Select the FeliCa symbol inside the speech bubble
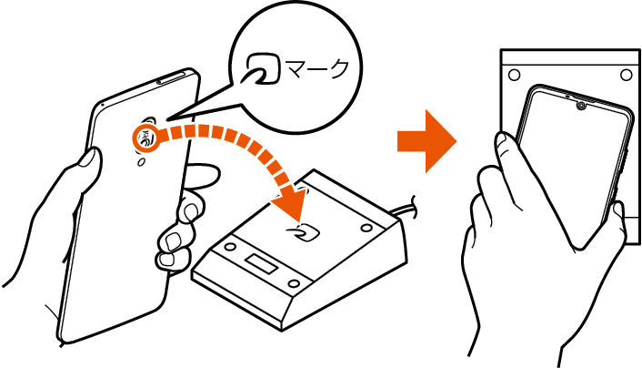(264, 68)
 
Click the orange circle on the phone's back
(145, 138)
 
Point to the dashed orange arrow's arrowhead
(289, 204)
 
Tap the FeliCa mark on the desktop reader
(305, 234)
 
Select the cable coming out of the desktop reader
(406, 207)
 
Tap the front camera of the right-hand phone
(580, 106)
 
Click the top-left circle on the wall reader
(514, 75)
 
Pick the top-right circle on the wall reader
(626, 75)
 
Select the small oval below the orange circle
(141, 162)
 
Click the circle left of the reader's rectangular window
(230, 247)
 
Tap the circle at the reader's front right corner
(294, 284)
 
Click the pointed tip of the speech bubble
(168, 119)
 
